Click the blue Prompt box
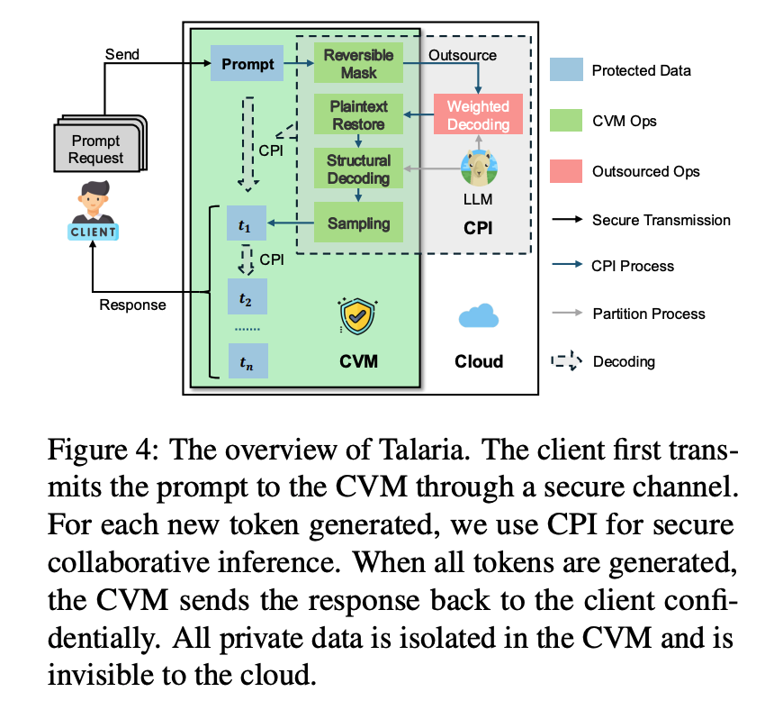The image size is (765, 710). [247, 63]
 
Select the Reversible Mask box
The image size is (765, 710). [358, 63]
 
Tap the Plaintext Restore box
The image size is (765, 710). [358, 114]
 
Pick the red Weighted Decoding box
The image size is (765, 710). [478, 114]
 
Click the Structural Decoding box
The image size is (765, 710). [358, 168]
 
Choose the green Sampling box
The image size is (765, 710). [358, 223]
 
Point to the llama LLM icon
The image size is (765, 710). [479, 168]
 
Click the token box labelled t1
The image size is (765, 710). [247, 223]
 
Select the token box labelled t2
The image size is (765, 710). [247, 296]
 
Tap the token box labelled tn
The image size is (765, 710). [248, 361]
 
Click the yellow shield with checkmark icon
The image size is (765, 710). [357, 316]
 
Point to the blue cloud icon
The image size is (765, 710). [479, 315]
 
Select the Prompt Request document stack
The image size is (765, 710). [100, 143]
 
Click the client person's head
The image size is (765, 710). [94, 196]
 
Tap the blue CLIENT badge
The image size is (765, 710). [94, 232]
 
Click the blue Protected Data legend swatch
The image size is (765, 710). [566, 69]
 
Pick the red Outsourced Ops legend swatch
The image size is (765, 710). [566, 171]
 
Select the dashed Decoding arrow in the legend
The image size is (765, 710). [567, 361]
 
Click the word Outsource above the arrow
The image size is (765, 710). [463, 55]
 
